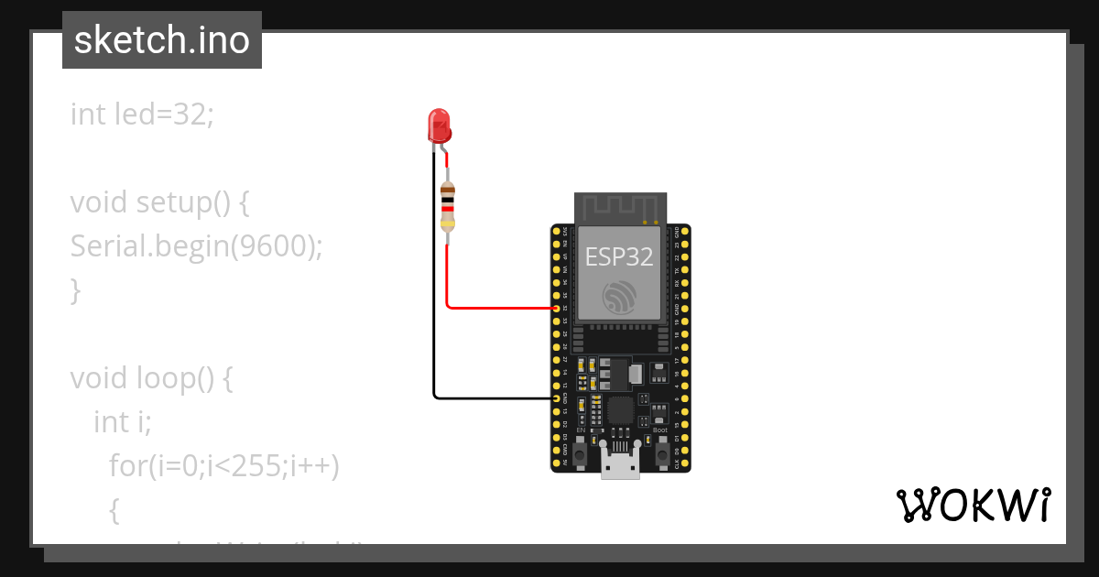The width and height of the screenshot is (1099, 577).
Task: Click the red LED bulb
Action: click(439, 125)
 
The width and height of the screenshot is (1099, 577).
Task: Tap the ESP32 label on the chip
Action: click(619, 256)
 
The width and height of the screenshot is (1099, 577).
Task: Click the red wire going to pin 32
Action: click(495, 308)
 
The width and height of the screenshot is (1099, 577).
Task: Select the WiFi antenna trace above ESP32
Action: click(620, 208)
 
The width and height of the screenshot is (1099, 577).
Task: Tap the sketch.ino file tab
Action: click(162, 40)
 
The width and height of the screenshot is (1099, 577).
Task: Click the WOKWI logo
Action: click(973, 505)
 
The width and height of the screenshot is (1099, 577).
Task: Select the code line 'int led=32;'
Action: click(141, 114)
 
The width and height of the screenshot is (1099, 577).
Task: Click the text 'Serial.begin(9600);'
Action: click(196, 246)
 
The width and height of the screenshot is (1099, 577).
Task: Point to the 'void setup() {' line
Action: click(160, 202)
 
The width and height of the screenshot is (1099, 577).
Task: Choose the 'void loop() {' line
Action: click(152, 378)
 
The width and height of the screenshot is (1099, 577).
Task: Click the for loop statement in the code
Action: click(223, 466)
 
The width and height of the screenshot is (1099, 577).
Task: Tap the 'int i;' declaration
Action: click(122, 422)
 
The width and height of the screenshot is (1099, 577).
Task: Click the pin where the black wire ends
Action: click(557, 398)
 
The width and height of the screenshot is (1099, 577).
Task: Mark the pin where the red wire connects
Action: click(557, 309)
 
